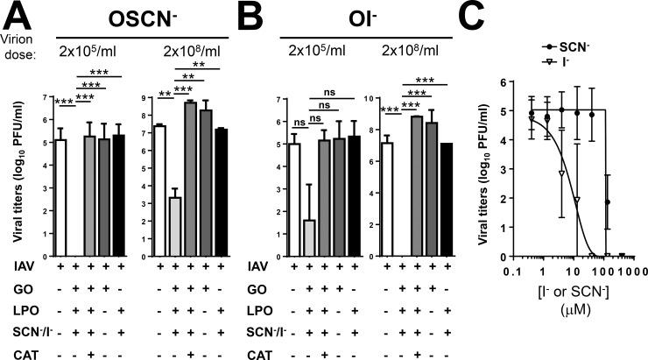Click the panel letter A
click(x=18, y=15)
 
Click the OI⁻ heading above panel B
click(x=364, y=17)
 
